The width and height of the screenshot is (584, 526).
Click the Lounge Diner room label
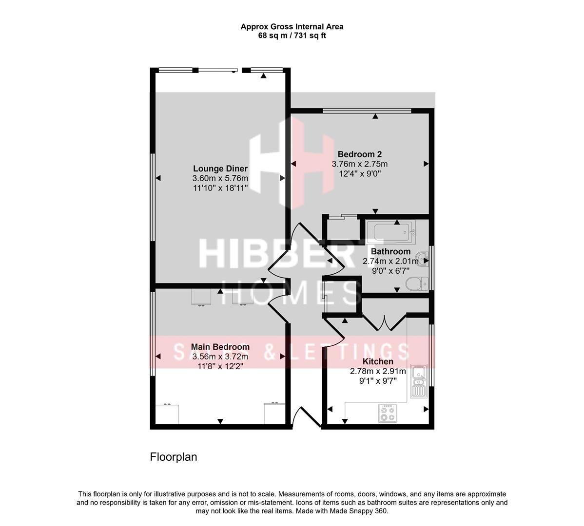point(220,169)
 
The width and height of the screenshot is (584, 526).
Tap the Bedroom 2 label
point(359,154)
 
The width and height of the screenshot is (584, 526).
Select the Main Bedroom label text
point(220,347)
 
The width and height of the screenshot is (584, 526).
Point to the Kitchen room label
point(378,361)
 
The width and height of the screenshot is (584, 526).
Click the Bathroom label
point(390,251)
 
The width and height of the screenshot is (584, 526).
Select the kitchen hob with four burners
point(388,413)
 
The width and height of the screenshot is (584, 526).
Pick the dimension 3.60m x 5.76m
point(220,178)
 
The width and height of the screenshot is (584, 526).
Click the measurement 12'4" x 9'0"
point(359,173)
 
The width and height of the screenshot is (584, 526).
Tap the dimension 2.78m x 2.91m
point(378,371)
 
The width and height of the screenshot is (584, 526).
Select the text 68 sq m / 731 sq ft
point(292,36)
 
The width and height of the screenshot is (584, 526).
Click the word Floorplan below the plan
point(173,457)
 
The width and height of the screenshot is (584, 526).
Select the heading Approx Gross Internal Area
point(292,27)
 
